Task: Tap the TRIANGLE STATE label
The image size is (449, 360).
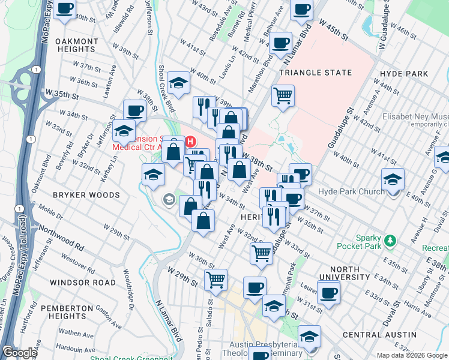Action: click(x=315, y=73)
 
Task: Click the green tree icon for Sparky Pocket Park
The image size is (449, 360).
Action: click(x=391, y=241)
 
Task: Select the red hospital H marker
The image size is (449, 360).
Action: click(x=191, y=142)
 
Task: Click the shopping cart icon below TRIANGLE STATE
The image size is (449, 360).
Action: click(x=283, y=95)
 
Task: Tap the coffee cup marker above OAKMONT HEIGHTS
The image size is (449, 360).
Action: click(x=65, y=10)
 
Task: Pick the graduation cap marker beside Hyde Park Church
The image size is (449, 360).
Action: click(x=393, y=179)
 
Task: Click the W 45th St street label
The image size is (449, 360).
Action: click(x=334, y=29)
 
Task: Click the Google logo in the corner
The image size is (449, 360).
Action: click(x=19, y=353)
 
